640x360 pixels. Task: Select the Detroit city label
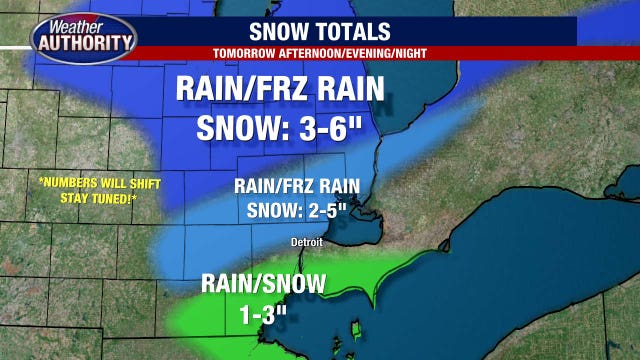coord(307,241)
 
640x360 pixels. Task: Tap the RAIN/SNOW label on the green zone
coord(263,284)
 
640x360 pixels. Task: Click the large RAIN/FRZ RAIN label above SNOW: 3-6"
coord(279,90)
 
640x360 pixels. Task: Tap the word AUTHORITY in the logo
coord(83,42)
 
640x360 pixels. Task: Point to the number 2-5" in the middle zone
coord(338,210)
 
